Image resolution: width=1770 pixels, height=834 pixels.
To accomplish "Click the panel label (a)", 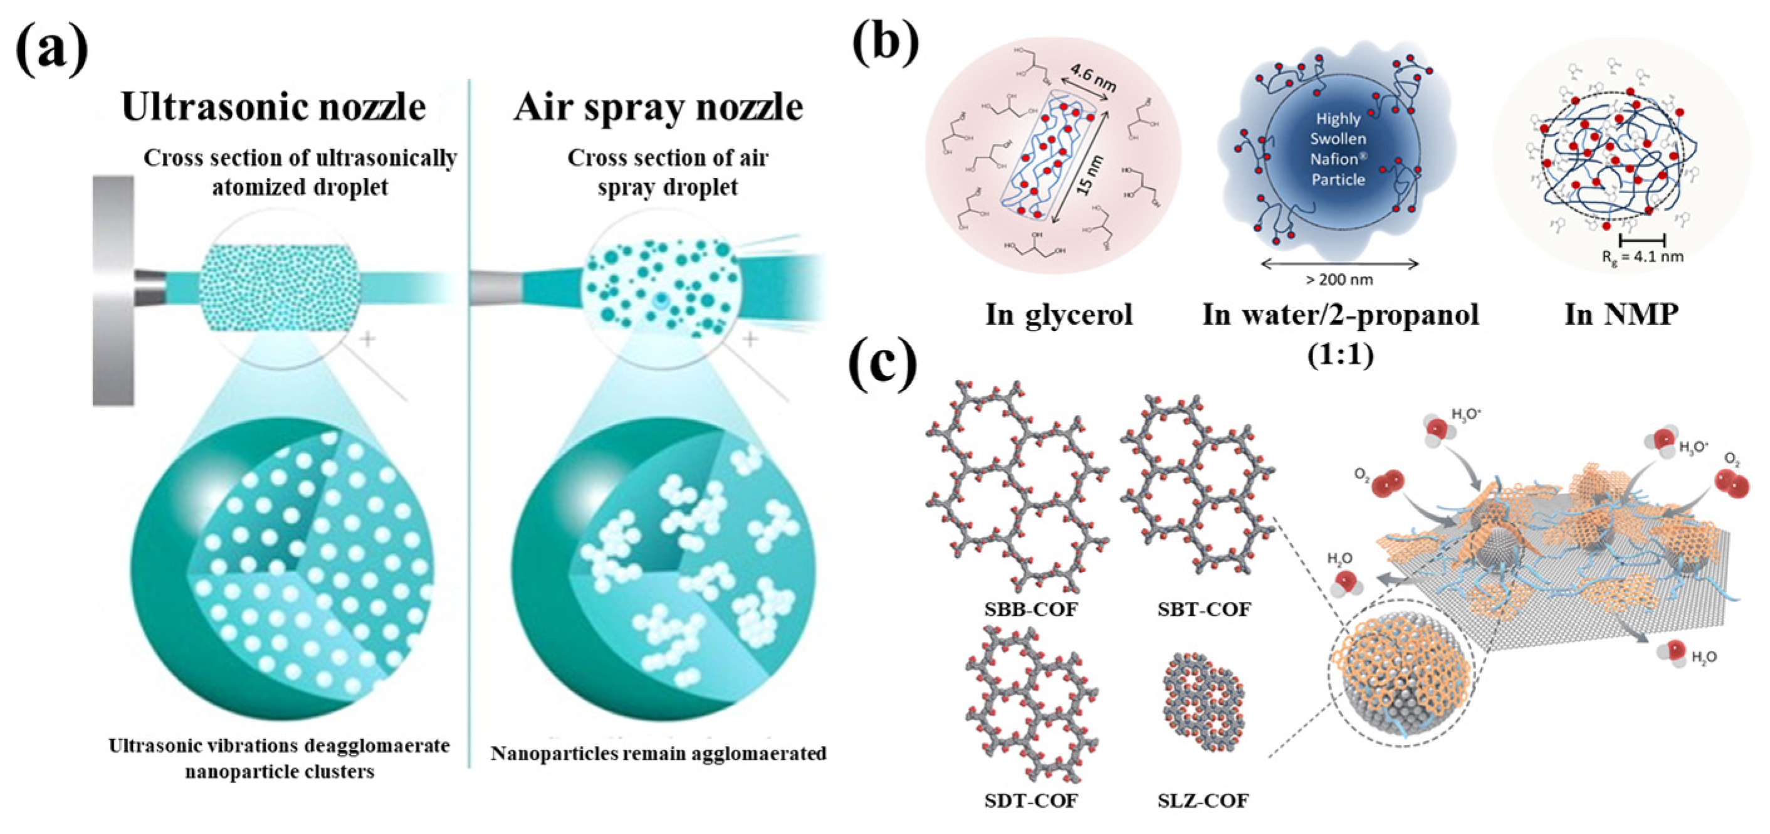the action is point(51,51).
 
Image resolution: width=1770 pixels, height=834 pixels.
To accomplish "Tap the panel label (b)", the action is point(885,41).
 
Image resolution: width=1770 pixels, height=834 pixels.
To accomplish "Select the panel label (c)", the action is point(883,364).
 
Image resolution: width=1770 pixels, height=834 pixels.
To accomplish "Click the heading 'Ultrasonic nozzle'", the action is point(273,107).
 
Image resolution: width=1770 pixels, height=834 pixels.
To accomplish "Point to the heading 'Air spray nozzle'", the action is point(657,107).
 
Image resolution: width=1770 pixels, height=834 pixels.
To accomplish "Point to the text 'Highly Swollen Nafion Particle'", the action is point(1338,149).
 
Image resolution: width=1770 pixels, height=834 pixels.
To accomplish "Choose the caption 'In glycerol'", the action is point(1059,315).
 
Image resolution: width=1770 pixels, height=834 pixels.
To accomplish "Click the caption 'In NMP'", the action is point(1621,315).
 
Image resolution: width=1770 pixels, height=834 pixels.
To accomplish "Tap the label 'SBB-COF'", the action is point(1030,609).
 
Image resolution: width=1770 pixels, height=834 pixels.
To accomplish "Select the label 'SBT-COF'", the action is point(1204,609).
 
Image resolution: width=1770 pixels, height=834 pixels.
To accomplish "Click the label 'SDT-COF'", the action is point(1030,800).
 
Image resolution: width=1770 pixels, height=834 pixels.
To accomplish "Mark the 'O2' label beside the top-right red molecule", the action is point(1732,459).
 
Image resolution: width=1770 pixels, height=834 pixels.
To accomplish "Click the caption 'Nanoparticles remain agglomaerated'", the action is point(658,754).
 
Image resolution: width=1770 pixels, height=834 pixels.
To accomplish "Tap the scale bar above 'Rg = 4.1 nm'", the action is point(1642,240).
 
